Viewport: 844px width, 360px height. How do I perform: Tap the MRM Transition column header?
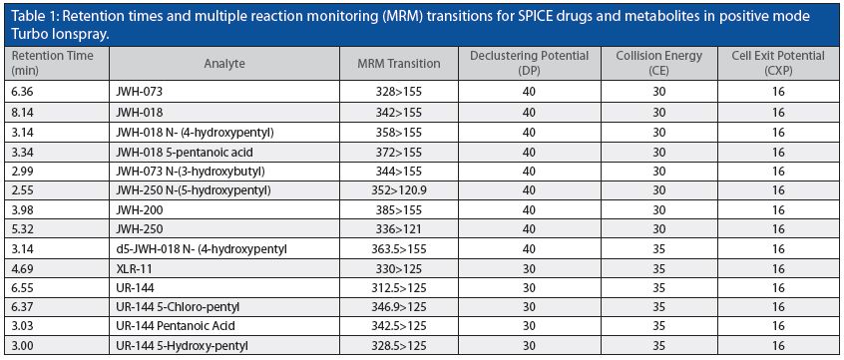[x=398, y=64]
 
